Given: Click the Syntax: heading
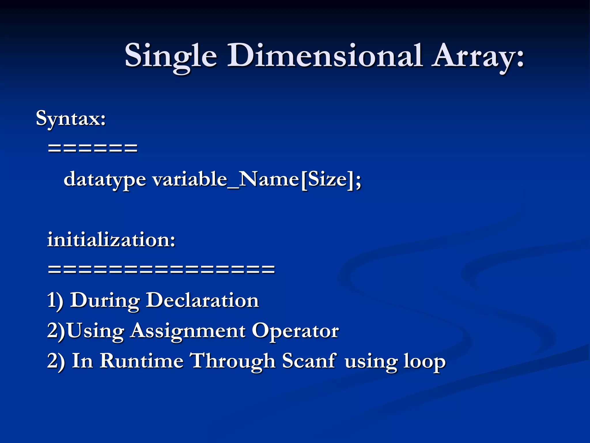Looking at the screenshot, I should (x=71, y=119).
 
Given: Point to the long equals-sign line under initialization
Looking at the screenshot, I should (x=161, y=269).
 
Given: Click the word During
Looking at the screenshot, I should (x=105, y=301).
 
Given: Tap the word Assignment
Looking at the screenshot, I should (x=188, y=331).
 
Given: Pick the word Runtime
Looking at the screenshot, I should (x=141, y=361).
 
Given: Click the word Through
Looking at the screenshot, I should (x=233, y=361).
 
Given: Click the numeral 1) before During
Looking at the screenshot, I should (x=55, y=301).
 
